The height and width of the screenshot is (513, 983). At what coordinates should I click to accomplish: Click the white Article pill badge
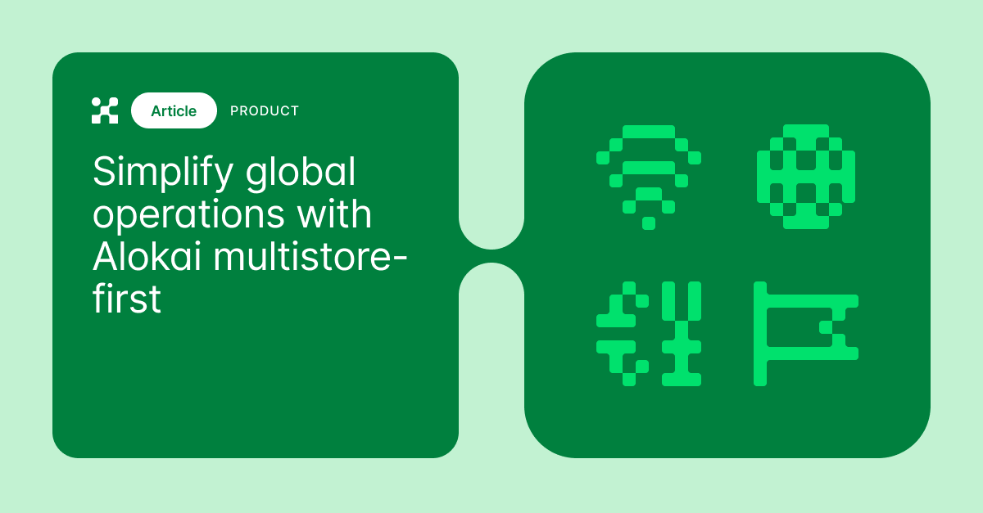(174, 110)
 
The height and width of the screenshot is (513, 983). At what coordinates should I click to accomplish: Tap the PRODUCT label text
(265, 110)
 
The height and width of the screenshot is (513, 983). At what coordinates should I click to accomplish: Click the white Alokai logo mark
(105, 110)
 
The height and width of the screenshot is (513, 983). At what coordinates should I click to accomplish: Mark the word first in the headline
(127, 299)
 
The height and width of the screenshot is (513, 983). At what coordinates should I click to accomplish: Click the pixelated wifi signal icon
(648, 176)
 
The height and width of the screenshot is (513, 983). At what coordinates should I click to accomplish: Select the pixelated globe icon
(806, 176)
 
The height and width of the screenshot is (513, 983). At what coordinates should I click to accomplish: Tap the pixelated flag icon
(806, 334)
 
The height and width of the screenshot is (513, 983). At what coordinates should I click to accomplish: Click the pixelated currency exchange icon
(648, 334)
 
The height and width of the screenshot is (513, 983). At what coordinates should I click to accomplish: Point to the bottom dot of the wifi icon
(648, 223)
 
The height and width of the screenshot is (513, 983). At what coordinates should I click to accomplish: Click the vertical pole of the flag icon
(760, 334)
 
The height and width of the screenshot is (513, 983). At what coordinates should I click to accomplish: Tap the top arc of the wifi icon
(648, 132)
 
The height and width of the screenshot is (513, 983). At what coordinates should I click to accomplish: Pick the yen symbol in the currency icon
(682, 334)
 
